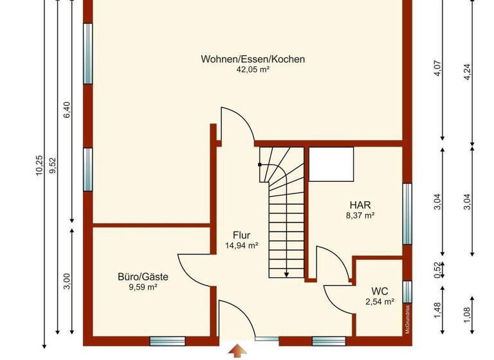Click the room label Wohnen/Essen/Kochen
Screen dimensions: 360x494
click(x=253, y=59)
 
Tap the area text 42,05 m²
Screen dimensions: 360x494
click(x=253, y=69)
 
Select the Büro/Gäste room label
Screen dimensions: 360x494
click(x=143, y=277)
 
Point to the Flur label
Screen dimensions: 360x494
click(x=242, y=235)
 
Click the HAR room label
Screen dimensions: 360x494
click(x=360, y=205)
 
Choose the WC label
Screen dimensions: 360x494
click(x=380, y=291)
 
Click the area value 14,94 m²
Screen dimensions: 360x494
click(x=242, y=246)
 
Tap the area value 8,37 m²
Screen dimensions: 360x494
click(x=360, y=216)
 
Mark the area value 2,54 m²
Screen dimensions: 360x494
click(x=380, y=301)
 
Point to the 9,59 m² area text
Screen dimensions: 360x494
click(x=143, y=287)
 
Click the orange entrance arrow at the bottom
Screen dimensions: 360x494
click(x=238, y=351)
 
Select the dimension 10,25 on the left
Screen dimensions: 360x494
click(x=39, y=165)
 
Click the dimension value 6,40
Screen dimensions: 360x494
click(x=67, y=110)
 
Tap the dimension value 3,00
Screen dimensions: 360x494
click(x=67, y=281)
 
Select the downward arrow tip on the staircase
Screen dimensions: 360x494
click(x=286, y=274)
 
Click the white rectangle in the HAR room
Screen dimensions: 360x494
click(x=331, y=165)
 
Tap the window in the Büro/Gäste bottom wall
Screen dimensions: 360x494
click(x=168, y=340)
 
